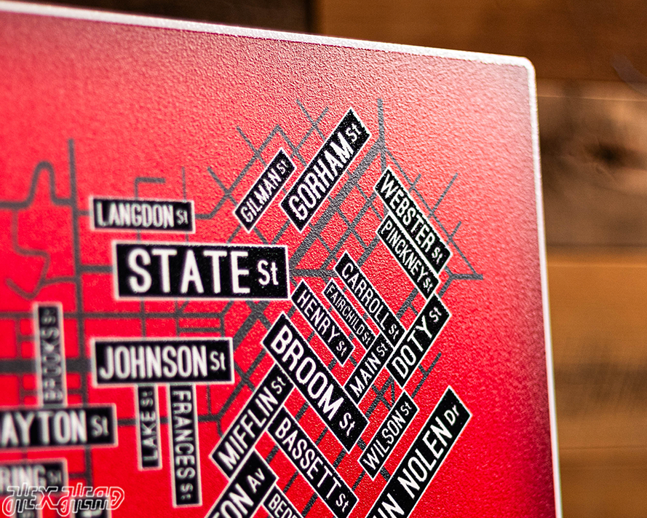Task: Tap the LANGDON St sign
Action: click(143, 215)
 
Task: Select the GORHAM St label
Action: click(325, 169)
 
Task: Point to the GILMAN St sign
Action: click(264, 189)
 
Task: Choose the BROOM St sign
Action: click(316, 381)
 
